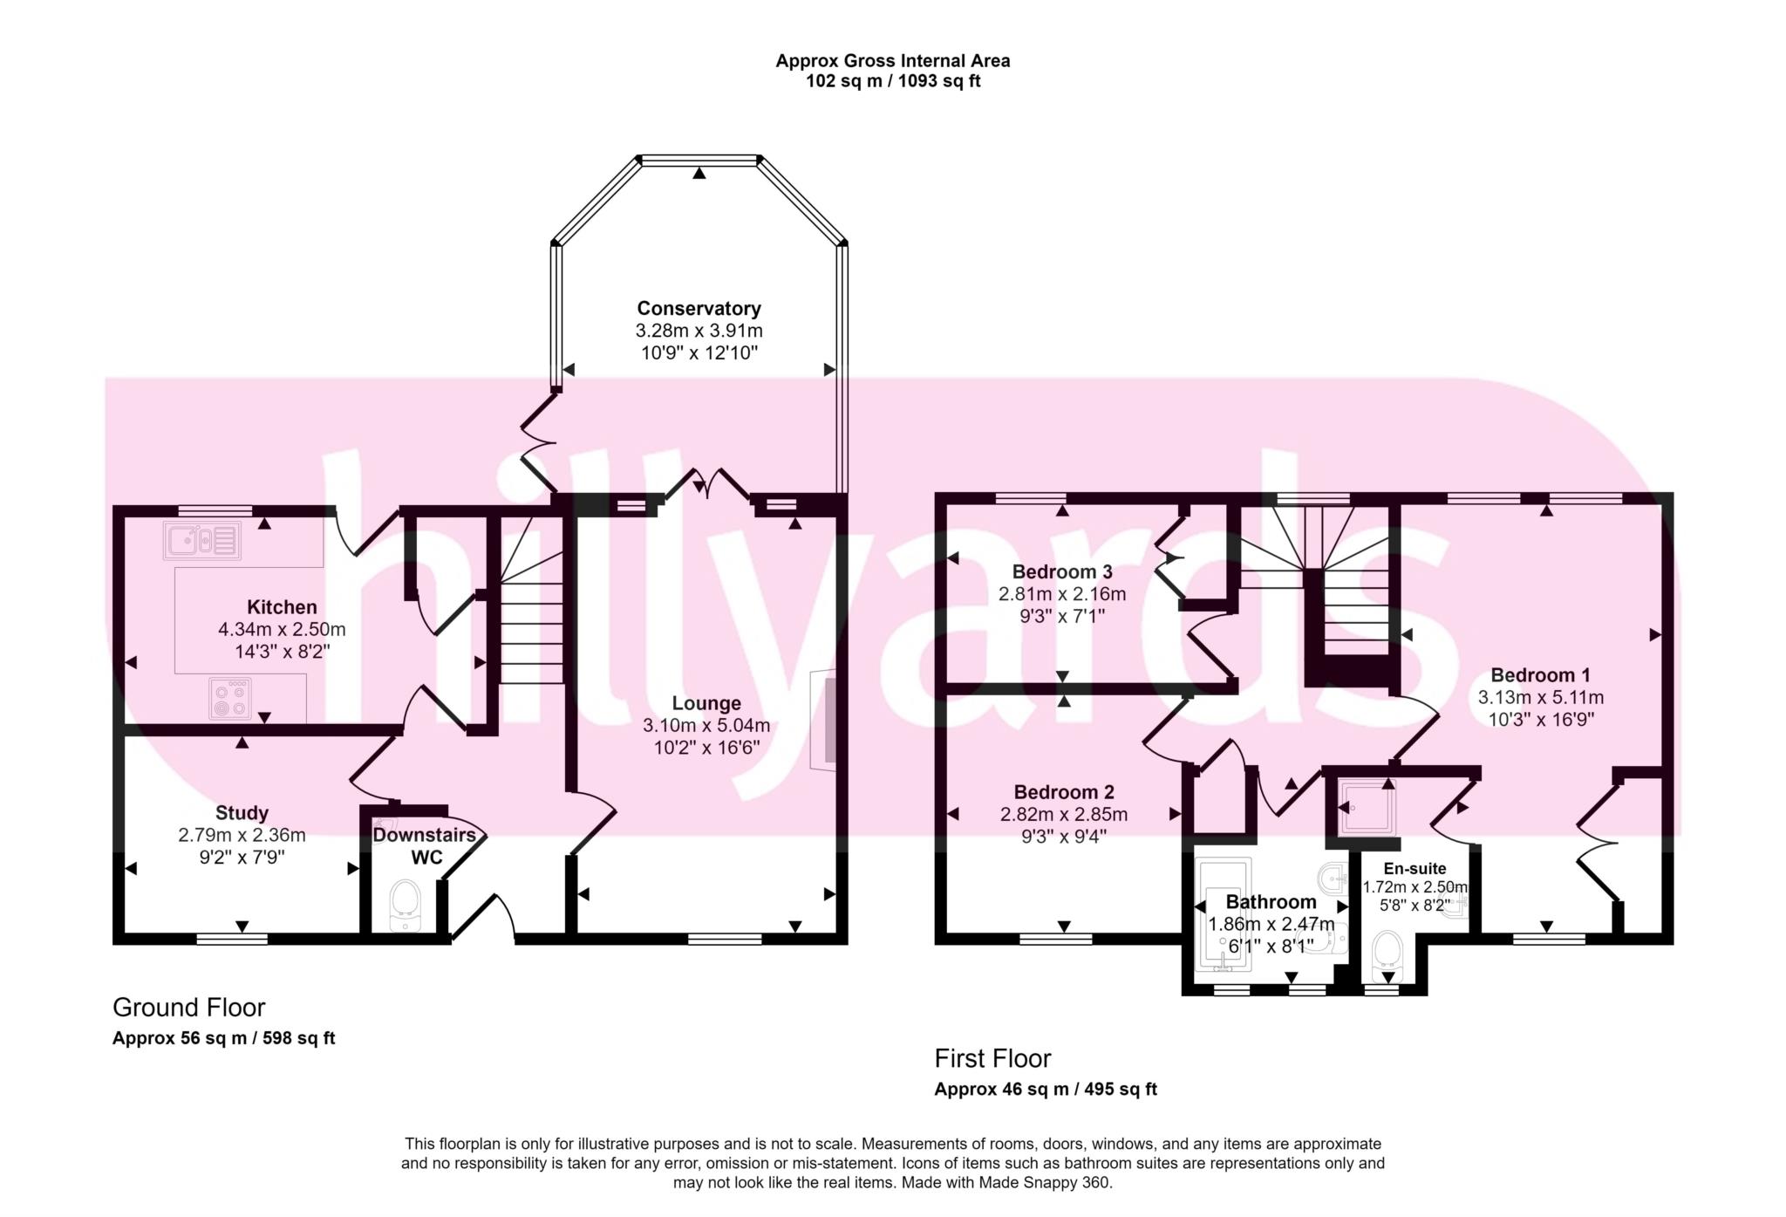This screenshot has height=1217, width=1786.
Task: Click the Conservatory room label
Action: coord(699,308)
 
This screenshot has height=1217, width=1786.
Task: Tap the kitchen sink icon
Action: coord(201,541)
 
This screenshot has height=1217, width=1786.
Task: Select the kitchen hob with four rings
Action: coord(230,698)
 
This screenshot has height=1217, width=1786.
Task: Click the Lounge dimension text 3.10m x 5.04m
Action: coord(706,725)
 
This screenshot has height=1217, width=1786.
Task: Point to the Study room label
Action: coord(242,813)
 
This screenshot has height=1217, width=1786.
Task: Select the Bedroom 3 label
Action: coord(1061,572)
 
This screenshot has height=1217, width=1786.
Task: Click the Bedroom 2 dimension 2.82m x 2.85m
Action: coord(1063,815)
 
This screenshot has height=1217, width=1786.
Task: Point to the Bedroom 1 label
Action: coord(1540,674)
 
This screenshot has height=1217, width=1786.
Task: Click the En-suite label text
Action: coord(1414,868)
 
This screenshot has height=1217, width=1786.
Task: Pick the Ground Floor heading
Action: coord(188,1008)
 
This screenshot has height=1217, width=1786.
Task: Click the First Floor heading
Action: coord(992,1058)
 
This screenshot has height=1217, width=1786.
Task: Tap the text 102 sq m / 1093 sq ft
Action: coord(893,82)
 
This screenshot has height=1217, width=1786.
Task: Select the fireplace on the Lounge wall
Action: coord(822,720)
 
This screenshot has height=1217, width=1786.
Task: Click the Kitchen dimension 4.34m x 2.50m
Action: coord(282,629)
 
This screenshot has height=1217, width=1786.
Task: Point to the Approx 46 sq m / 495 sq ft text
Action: coord(1046,1089)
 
